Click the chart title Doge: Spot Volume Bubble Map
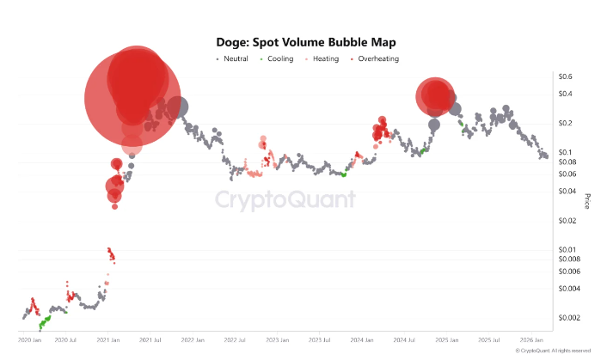300,41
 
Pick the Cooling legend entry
279,58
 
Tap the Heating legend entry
325,58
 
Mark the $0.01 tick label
566,249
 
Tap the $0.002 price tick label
567,317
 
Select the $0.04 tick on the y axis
566,191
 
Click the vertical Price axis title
588,201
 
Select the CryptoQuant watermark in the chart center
285,199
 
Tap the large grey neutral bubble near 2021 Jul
178,107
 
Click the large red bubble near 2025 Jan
434,96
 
